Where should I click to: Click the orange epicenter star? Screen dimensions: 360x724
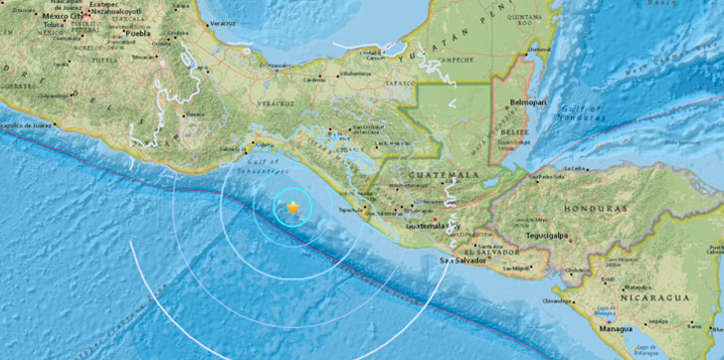[x=293, y=207]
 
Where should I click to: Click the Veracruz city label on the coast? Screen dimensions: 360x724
[x=225, y=21]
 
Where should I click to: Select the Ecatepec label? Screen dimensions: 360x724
[x=95, y=4]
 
